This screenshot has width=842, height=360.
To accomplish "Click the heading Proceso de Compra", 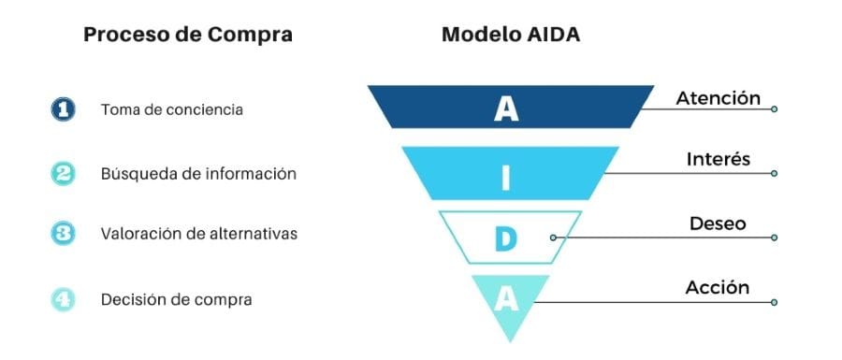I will tap(188, 36).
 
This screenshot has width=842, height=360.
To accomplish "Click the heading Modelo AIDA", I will tap(511, 36).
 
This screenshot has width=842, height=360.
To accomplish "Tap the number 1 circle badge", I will tap(62, 109).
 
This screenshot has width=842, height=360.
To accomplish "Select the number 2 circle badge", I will tap(62, 173).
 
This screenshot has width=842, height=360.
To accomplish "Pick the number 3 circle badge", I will tap(62, 234).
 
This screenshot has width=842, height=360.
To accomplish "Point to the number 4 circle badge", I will tap(62, 299).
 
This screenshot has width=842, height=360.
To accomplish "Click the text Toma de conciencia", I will tap(172, 109).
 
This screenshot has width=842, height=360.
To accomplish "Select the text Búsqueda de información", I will tap(198, 173).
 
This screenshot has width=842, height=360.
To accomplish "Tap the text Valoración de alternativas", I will tap(199, 234).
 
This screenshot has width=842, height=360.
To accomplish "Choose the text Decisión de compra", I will tap(176, 299).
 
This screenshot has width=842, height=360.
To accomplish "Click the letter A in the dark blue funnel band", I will tap(506, 108).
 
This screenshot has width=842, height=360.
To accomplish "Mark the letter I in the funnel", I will tap(506, 175).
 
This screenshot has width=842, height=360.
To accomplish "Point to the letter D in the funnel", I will tap(506, 238).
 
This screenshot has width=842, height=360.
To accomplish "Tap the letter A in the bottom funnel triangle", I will tap(506, 299).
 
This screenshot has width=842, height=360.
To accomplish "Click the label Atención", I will tap(718, 97).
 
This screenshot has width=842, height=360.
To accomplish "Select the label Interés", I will tap(718, 160).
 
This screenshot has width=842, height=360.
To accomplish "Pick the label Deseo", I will tap(718, 223).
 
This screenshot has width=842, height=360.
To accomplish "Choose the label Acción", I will tap(718, 287).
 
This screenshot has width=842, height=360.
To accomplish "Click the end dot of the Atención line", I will tap(774, 109).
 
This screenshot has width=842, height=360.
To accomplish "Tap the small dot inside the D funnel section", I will tap(553, 238).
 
